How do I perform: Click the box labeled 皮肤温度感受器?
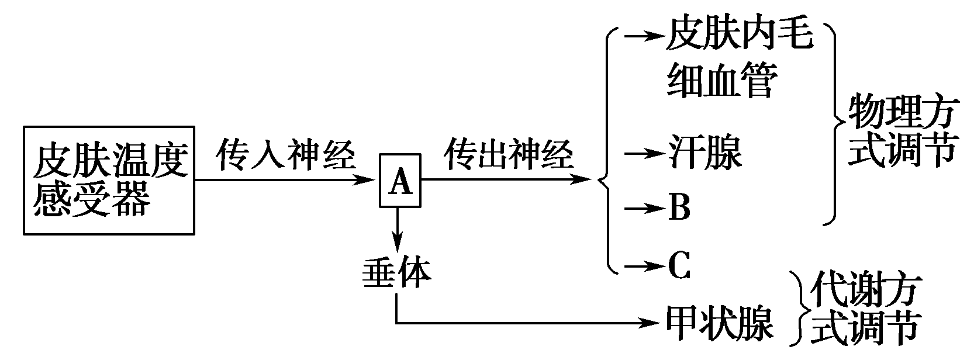coord(109,180)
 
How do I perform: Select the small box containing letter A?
coord(400,181)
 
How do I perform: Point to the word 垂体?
coord(396,272)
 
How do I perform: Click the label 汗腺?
coord(704,153)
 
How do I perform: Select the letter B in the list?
coord(679,207)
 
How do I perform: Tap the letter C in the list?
coord(679,266)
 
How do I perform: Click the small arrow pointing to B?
coord(643,208)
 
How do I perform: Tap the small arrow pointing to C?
coord(643,266)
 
